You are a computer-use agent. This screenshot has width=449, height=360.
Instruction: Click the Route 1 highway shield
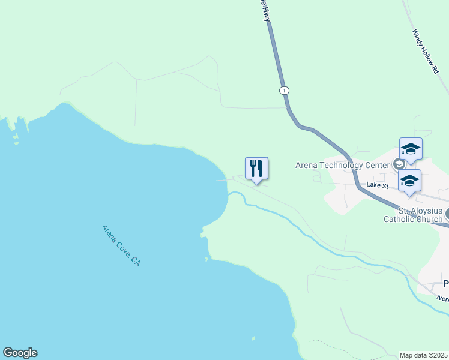click(x=284, y=90)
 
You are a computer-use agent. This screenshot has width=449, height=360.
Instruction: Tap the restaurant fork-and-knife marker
click(x=256, y=167)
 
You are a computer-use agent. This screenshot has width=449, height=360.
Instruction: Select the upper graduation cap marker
click(x=411, y=149)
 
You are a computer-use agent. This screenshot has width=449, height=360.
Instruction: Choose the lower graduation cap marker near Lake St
click(x=409, y=181)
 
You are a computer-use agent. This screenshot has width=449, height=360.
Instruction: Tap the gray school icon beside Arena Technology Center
click(x=398, y=164)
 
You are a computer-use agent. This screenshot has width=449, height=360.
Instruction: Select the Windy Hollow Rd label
click(x=426, y=52)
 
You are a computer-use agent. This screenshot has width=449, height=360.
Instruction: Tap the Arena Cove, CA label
click(x=121, y=245)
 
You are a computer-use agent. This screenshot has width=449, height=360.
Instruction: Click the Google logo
click(x=20, y=353)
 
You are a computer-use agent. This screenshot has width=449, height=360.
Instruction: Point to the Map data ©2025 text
click(x=424, y=355)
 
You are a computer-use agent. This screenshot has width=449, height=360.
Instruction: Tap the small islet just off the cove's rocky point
click(x=206, y=259)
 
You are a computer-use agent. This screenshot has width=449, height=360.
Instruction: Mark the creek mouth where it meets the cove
click(x=229, y=194)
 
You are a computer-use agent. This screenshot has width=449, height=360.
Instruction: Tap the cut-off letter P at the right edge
click(x=446, y=284)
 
